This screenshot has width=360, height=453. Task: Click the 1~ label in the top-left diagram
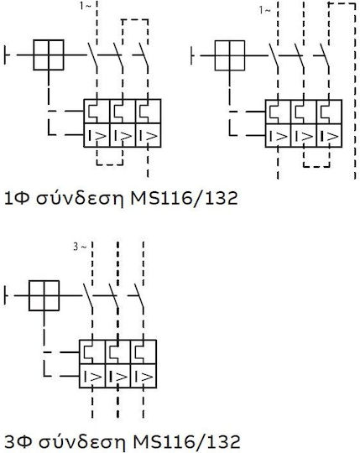click(x=86, y=7)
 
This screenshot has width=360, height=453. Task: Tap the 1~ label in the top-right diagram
click(x=264, y=10)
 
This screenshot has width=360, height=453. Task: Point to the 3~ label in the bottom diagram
click(x=80, y=247)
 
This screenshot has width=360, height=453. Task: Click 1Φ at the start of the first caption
click(x=17, y=199)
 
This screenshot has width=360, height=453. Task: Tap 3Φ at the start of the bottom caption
click(x=18, y=442)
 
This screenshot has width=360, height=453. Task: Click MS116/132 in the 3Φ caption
click(x=186, y=442)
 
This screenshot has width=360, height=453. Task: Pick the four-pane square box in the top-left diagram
click(x=49, y=55)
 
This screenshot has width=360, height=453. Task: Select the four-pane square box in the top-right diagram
click(x=230, y=55)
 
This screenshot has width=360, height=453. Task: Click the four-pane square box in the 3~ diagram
click(x=44, y=295)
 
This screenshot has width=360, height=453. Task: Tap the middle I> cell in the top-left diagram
click(x=123, y=135)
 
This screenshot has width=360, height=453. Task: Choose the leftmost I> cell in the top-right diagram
click(x=278, y=136)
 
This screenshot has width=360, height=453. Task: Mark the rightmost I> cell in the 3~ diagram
click(x=143, y=376)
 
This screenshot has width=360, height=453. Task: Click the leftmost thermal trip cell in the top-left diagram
click(x=97, y=112)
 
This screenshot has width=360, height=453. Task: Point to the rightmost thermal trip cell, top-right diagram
click(x=330, y=112)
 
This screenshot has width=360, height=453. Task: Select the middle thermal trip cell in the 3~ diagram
click(x=117, y=352)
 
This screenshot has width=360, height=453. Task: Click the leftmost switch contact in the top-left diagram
click(x=92, y=55)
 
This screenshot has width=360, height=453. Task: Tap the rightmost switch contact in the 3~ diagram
click(x=139, y=295)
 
